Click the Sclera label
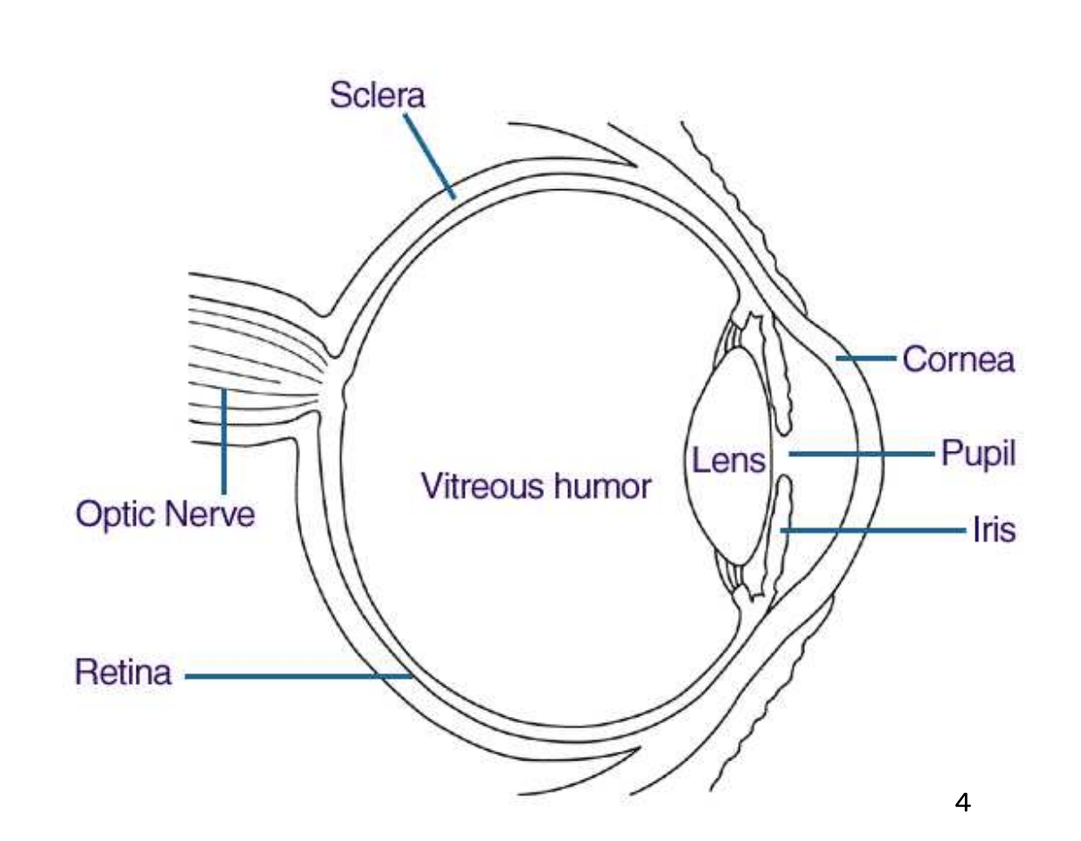coord(377,96)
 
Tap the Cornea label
coord(958,359)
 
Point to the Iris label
coord(993,530)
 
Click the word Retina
coord(122,672)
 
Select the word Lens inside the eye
coord(729,461)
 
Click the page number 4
coord(962,802)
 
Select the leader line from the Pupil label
coord(862,454)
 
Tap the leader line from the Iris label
coord(876,531)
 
